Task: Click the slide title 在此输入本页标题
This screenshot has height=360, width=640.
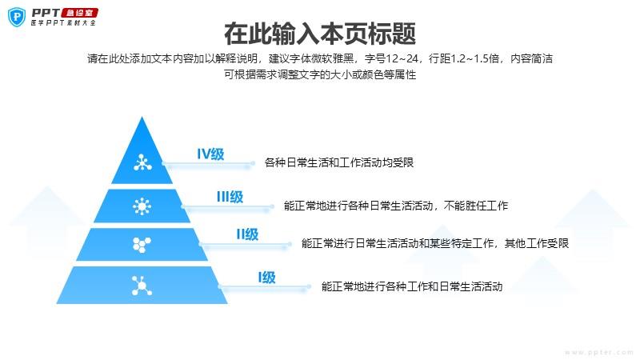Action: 319,34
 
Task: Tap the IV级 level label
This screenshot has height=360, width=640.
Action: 210,154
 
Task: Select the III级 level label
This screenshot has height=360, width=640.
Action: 230,197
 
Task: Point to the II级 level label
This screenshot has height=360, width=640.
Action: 247,234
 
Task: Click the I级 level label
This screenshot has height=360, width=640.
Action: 266,278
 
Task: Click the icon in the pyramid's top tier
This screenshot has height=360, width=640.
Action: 142,164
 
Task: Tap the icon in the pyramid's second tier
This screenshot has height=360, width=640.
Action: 142,206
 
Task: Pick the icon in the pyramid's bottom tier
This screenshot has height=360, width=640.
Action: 142,283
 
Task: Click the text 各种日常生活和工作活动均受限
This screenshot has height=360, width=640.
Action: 338,163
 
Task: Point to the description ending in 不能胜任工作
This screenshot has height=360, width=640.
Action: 396,206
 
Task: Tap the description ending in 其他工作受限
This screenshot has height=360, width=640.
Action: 434,243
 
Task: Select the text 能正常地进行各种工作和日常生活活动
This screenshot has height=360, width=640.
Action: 411,286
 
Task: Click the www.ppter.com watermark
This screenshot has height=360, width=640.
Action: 593,351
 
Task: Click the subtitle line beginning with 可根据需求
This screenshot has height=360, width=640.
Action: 320,75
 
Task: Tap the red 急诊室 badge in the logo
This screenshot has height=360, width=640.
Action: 82,12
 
